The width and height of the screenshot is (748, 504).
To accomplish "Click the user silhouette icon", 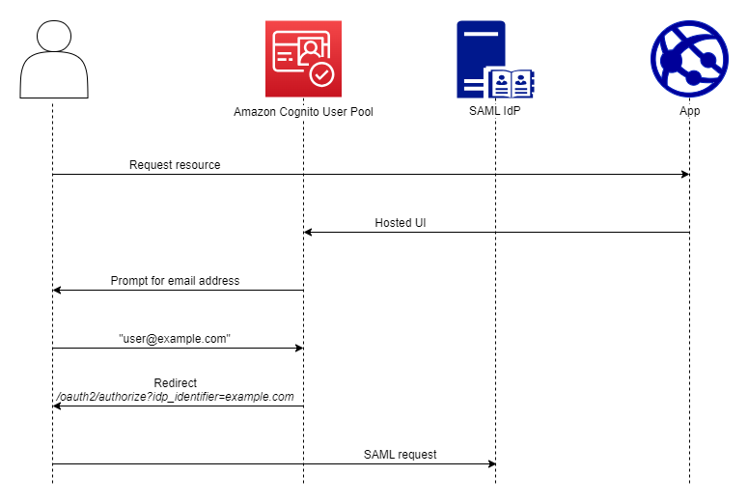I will [53, 59].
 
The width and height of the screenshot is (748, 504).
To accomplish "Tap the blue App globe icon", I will [689, 59].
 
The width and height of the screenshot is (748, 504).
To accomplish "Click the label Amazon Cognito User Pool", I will [303, 112].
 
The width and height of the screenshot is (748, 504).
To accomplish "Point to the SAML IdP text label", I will [494, 111].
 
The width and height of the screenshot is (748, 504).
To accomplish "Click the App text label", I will [689, 111].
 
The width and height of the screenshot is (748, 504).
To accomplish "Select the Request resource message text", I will [175, 165].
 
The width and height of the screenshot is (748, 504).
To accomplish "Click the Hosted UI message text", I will [401, 223].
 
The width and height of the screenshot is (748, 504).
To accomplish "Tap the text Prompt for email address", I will [175, 281].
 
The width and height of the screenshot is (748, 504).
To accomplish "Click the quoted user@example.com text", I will [175, 339].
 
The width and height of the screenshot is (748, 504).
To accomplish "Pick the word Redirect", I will [175, 383].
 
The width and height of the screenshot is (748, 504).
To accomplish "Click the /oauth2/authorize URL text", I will [175, 397].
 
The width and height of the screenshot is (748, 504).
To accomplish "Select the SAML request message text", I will [400, 454].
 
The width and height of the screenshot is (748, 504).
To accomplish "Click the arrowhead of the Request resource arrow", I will [684, 175].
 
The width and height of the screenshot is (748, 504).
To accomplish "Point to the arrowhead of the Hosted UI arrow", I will [309, 233].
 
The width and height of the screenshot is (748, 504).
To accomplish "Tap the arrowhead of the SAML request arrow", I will [490, 464].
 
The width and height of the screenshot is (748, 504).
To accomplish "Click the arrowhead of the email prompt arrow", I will [58, 291].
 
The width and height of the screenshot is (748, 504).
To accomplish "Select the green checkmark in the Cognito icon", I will [321, 73].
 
